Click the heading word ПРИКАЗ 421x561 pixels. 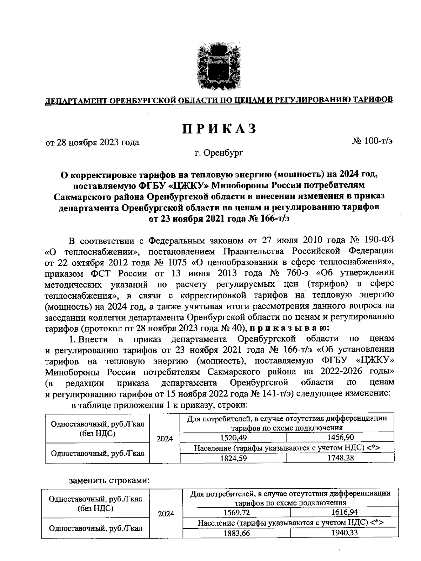(x=219, y=129)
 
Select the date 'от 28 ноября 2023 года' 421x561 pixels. (x=93, y=142)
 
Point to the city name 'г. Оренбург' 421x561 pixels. (x=219, y=153)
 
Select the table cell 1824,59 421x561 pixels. (x=233, y=458)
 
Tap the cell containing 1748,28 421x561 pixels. (x=340, y=458)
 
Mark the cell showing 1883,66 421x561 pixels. (x=236, y=533)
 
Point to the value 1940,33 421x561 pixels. (x=344, y=533)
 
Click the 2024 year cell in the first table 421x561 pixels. (x=165, y=439)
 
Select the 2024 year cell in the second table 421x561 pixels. (x=166, y=514)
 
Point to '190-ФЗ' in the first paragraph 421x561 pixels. (x=379, y=241)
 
